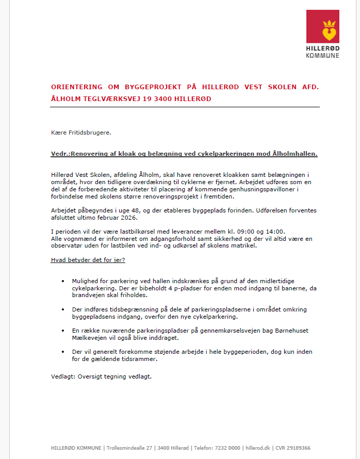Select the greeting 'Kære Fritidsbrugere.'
point(81,133)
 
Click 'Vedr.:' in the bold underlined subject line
point(60,154)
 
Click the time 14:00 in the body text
point(274,231)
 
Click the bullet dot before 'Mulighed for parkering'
point(63,282)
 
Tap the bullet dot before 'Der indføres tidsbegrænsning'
point(63,309)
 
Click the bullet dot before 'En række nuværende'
point(63,330)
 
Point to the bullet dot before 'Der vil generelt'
point(63,352)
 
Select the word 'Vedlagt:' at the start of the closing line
point(63,376)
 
